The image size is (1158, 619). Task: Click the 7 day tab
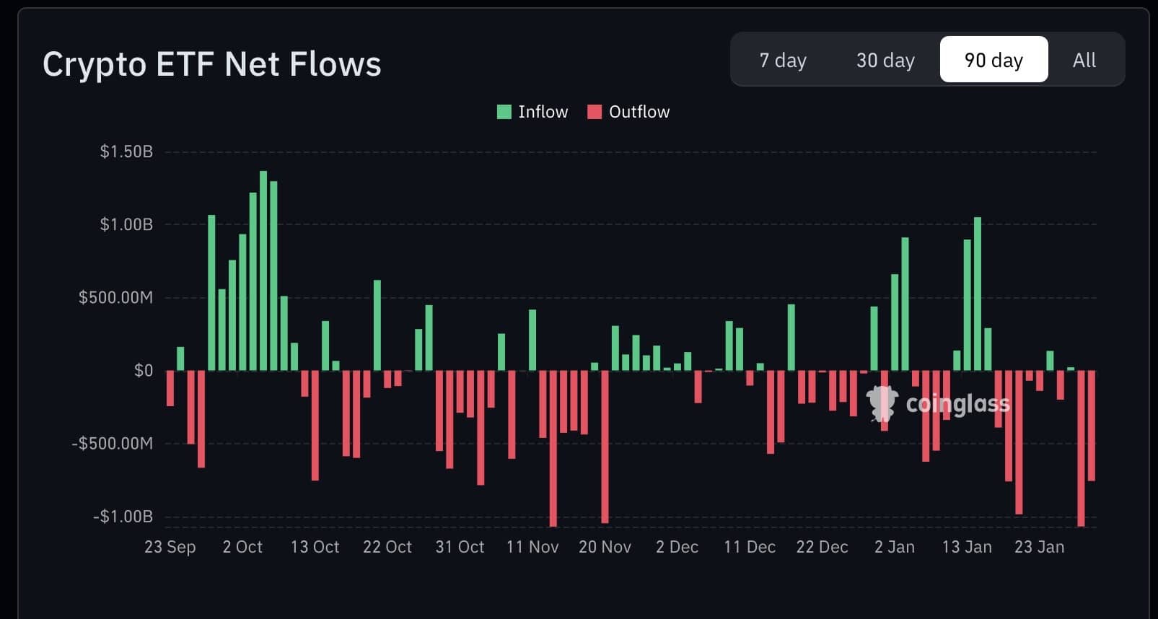point(783,60)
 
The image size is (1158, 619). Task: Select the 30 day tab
point(885,60)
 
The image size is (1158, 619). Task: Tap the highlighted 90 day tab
point(993,60)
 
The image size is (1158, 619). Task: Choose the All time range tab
point(1084,60)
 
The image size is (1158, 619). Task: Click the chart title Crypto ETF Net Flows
point(211,64)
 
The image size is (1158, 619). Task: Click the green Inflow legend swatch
point(504,112)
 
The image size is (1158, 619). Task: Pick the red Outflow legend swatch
point(595,112)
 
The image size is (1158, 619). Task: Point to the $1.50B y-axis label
point(126,152)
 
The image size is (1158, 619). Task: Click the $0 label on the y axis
point(144,371)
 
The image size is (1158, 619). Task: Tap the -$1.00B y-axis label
point(123,517)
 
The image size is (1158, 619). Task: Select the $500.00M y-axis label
point(115,297)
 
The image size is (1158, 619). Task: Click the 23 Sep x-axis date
point(170,547)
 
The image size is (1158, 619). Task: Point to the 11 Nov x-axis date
point(532,547)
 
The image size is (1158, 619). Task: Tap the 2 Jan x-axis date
point(895,547)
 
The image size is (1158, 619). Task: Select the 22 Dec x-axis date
point(822,547)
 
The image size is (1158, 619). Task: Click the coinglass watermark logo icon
point(881,403)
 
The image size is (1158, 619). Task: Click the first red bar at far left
point(170,388)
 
